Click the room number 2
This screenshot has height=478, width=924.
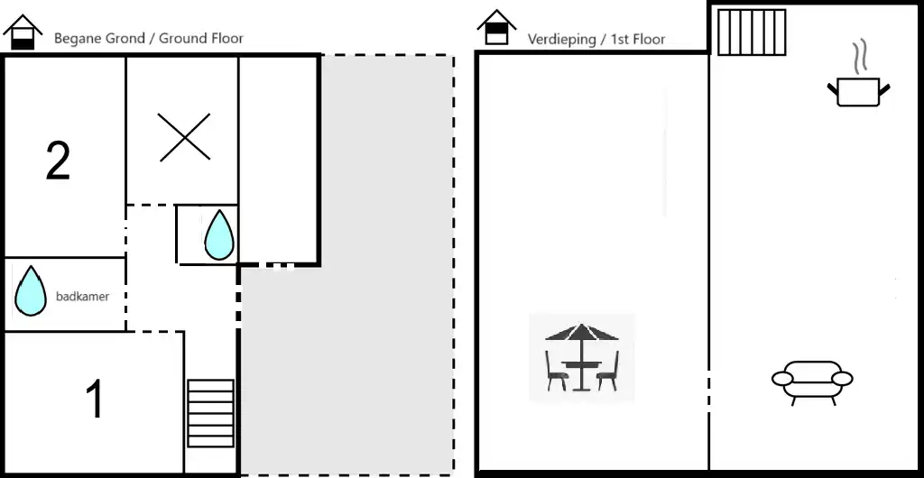click(58, 161)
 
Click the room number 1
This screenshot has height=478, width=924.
click(95, 399)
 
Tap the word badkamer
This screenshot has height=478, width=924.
click(82, 297)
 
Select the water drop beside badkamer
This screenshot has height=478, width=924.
click(30, 290)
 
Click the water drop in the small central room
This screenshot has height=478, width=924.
click(219, 234)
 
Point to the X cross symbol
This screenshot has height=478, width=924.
click(184, 137)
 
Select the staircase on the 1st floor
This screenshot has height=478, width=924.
click(752, 32)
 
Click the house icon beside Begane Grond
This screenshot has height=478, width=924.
click(23, 32)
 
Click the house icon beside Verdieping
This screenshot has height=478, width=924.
click(496, 27)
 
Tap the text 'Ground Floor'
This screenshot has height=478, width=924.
click(201, 39)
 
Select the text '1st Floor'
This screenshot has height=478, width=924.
click(638, 40)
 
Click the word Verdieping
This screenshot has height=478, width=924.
click(561, 40)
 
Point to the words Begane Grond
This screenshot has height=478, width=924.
click(99, 39)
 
